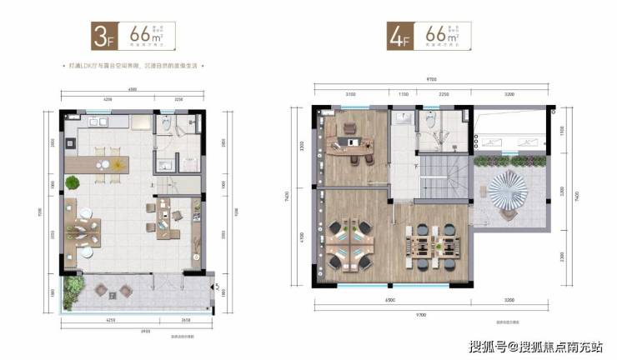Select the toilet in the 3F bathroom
tap(168, 124)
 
